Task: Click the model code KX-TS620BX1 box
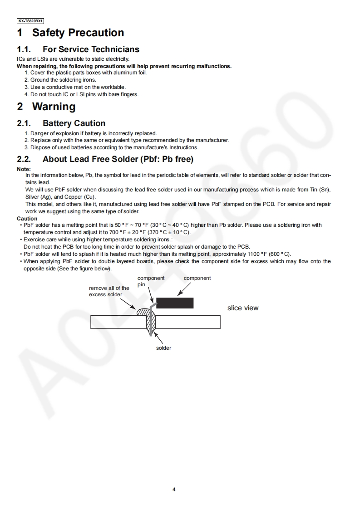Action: coord(30,21)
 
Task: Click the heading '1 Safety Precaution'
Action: coord(70,33)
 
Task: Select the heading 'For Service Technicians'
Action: coord(91,49)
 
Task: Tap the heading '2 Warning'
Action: coord(46,107)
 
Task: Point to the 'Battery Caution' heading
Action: coord(74,123)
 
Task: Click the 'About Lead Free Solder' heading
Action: coord(118,159)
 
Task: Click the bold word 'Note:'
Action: coord(24,169)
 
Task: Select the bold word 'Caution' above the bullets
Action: coord(27,219)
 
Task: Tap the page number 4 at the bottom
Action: coord(174,489)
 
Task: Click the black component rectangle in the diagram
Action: coord(175,303)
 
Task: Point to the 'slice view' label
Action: coord(243,308)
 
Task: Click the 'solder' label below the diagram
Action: coord(163,348)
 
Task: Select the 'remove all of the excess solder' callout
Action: coord(109,291)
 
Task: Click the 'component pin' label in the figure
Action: coord(151,281)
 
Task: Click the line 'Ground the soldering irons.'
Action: coord(63,80)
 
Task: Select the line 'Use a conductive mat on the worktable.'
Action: coord(78,87)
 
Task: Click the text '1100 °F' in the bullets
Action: coord(258,254)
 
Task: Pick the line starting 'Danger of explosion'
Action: coord(94,133)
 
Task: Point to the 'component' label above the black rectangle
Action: coord(197,278)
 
